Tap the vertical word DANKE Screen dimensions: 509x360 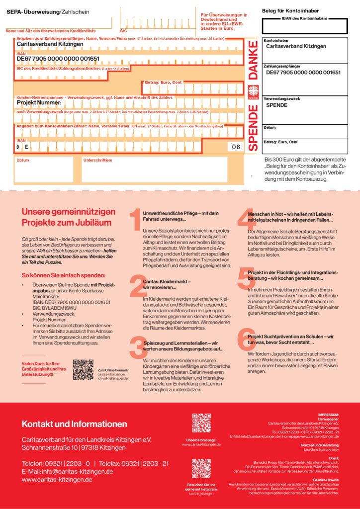pos(253,61)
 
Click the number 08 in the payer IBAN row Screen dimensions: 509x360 pos(236,147)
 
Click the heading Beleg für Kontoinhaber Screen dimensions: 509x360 pos(290,10)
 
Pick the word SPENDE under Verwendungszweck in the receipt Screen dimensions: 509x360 pos(276,105)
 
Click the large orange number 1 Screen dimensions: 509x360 pos(134,220)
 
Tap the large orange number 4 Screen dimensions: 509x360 pos(245,220)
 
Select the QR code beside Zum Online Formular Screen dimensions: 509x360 pos(83,369)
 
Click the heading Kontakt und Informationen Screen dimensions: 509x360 pos(74,424)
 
